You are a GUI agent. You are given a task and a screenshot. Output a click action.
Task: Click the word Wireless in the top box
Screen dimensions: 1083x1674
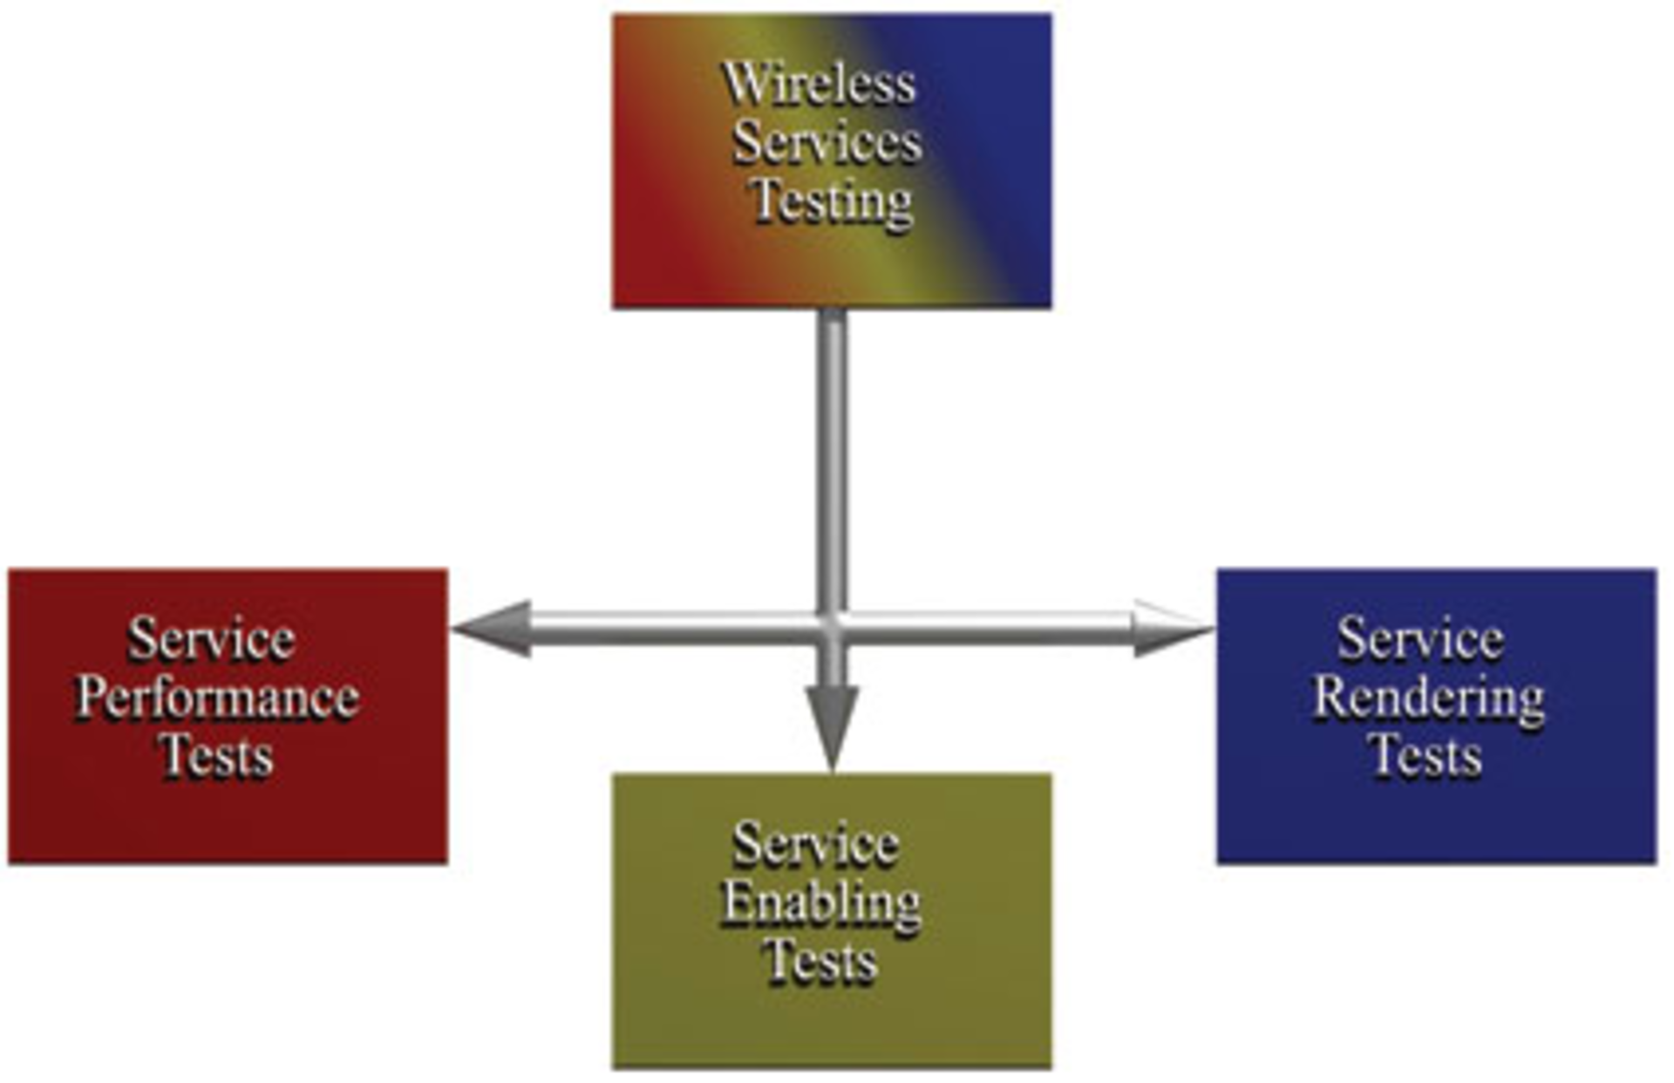(x=819, y=84)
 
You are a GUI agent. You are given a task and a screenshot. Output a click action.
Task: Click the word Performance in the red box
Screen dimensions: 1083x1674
(x=217, y=698)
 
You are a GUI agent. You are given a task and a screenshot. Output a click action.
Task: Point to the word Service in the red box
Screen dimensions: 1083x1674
(x=212, y=639)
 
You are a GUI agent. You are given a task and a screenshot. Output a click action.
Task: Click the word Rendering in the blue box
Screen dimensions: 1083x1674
(x=1428, y=698)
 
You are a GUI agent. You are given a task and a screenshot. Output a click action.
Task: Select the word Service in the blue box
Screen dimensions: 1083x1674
(x=1421, y=639)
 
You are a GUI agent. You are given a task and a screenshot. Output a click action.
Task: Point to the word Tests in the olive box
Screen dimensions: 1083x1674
(x=820, y=961)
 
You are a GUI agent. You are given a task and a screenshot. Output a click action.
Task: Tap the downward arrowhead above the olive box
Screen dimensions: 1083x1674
(x=833, y=724)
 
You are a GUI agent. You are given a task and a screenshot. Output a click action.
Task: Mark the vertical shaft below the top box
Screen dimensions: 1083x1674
(x=833, y=453)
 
